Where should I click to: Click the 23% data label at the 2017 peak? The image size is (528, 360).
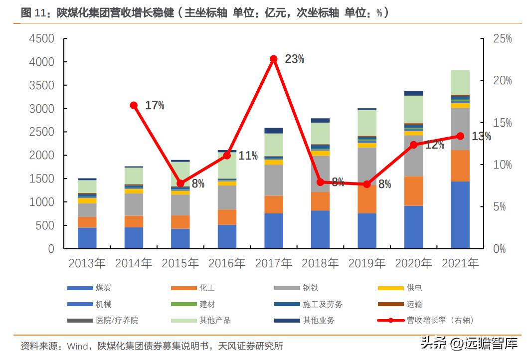tap(294, 59)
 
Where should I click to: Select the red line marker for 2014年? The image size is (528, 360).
tap(134, 105)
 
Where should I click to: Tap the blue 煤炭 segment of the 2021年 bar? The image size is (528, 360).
tap(460, 214)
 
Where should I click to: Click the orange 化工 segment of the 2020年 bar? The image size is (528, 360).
tap(413, 190)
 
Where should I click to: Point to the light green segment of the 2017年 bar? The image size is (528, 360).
tap(274, 145)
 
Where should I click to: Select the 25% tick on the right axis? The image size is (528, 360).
tap(502, 39)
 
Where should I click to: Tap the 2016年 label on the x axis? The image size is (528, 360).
tap(226, 263)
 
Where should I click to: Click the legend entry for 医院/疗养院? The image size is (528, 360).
tap(117, 320)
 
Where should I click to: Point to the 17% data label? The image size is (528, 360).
tap(155, 106)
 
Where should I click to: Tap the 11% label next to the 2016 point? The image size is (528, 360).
tap(248, 156)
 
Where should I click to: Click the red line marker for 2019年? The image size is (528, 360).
tap(367, 184)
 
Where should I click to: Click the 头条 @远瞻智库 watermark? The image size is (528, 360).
tap(469, 344)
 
